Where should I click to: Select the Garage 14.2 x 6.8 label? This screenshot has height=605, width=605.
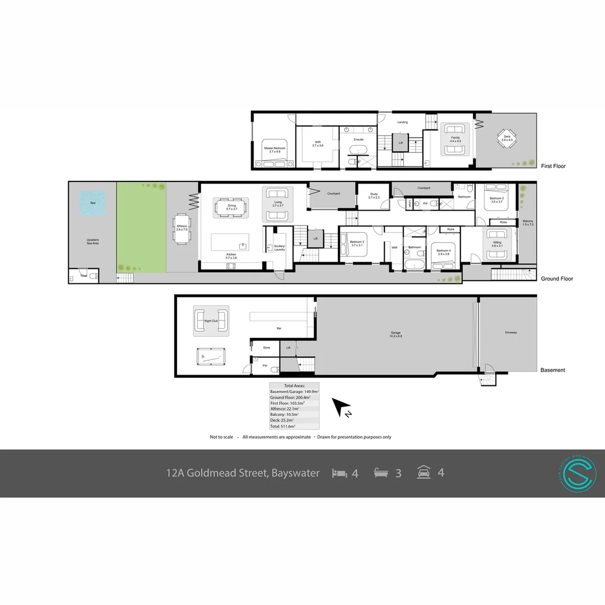click(x=396, y=334)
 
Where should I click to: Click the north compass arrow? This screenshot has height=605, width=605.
click(x=342, y=408)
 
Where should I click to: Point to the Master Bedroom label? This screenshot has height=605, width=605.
click(x=274, y=150)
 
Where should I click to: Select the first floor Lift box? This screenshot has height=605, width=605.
click(x=400, y=143)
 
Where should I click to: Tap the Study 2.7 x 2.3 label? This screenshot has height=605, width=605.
click(x=374, y=196)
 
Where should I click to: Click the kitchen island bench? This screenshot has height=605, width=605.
click(x=230, y=243)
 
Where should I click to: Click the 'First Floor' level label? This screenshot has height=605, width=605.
click(x=553, y=166)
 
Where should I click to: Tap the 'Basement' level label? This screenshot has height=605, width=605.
click(x=552, y=370)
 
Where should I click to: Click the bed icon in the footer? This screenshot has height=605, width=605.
click(x=339, y=473)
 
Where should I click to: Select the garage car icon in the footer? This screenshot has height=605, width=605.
click(x=424, y=473)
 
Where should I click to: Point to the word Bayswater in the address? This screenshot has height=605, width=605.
click(x=295, y=473)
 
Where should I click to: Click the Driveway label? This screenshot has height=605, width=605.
click(x=510, y=332)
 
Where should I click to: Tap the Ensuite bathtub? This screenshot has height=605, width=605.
click(x=357, y=150)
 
